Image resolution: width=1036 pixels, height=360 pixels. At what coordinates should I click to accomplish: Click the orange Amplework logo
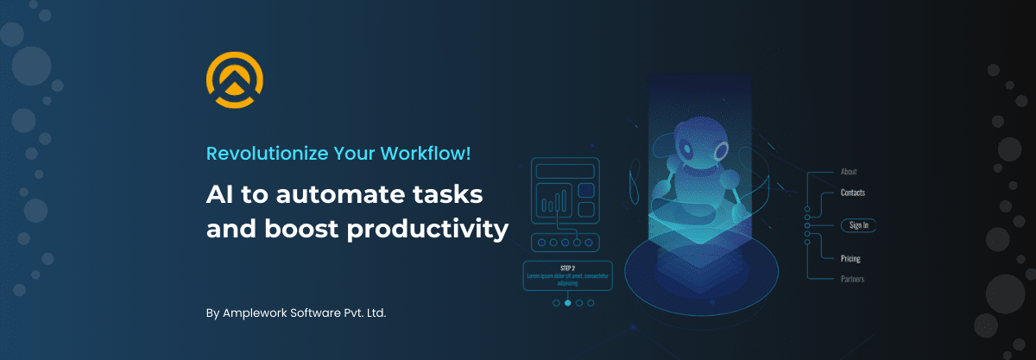point(234,81)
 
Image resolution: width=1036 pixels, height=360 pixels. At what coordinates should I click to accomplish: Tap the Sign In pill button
point(858,225)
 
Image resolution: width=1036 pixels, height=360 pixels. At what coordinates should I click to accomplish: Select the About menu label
point(849,172)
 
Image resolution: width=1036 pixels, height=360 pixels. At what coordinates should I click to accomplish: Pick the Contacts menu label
point(852,193)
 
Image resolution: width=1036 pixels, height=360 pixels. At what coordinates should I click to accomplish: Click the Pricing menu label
point(850,258)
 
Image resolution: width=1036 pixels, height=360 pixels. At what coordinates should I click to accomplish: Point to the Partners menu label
point(852,279)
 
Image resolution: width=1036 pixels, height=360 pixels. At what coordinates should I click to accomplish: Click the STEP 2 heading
point(567,268)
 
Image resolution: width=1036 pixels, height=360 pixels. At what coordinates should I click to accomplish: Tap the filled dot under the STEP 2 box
point(567,303)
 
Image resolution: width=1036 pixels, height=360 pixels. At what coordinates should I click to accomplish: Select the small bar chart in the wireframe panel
point(553,204)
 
